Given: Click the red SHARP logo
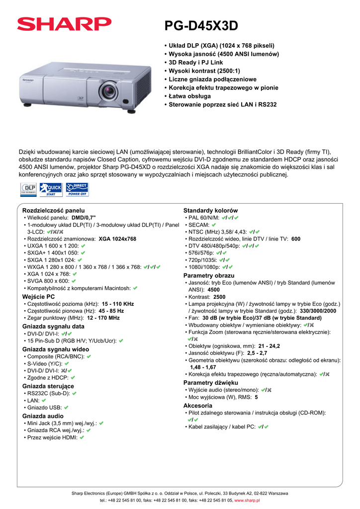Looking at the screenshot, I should tap(64, 24).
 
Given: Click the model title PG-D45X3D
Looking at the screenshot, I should tap(201, 25).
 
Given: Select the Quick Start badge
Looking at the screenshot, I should tap(51, 189).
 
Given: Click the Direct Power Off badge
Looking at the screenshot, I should tap(77, 189).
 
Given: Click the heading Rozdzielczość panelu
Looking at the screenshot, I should tap(53, 211).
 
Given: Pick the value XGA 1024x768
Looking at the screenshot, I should tap(117, 239).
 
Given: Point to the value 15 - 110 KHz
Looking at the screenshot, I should tap(118, 304).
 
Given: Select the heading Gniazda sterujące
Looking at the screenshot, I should tap(48, 386).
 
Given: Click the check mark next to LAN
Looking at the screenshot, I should tap(44, 400).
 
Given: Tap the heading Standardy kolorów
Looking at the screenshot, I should tap(210, 211).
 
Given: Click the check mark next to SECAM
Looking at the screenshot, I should tap(213, 225).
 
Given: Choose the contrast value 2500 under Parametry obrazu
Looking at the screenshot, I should tap(219, 297).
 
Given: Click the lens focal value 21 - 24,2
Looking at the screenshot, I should tap(269, 345).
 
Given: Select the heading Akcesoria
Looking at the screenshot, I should tap(197, 406).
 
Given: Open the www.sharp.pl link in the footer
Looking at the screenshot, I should tap(247, 500).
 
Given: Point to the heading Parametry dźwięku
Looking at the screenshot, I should tap(211, 383).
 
